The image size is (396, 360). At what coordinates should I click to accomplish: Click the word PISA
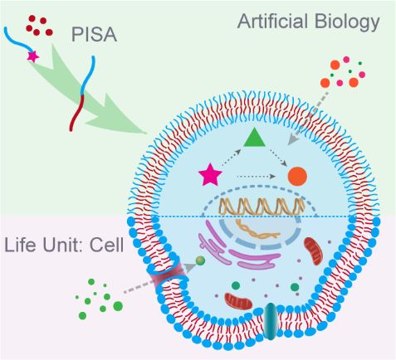pos(94,35)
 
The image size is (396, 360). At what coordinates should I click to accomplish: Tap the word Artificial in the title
pos(272,21)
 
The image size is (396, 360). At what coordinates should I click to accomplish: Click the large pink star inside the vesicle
pos(210,175)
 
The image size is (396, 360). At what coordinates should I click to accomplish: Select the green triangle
pos(254,138)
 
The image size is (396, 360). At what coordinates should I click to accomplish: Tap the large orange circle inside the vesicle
pos(297,176)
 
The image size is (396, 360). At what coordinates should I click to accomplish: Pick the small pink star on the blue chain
pos(33,56)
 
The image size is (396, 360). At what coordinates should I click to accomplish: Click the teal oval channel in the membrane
pos(270,321)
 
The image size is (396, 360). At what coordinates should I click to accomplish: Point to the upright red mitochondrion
pos(313,251)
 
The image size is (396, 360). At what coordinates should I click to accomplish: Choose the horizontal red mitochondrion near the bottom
pos(238,301)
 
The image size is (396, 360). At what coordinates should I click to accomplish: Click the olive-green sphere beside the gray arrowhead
pos(200,260)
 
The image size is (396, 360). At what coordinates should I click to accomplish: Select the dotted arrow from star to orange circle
pos(256,176)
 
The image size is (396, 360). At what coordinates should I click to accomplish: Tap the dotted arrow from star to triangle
pos(231,158)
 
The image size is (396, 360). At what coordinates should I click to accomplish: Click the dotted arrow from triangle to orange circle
pos(277,158)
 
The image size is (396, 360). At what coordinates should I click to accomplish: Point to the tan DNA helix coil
pos(262,207)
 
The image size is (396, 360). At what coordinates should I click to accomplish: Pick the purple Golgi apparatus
pos(238,247)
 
